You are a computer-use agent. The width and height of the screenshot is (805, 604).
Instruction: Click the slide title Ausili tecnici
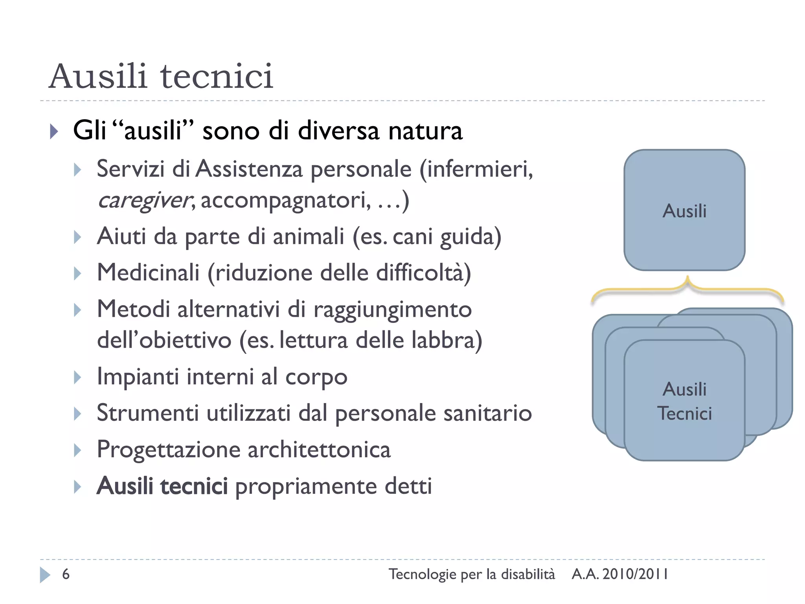pyautogui.click(x=161, y=76)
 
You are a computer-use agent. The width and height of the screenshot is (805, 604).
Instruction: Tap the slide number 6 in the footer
pyautogui.click(x=66, y=575)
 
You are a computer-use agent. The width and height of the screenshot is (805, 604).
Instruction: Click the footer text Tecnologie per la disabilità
pyautogui.click(x=472, y=575)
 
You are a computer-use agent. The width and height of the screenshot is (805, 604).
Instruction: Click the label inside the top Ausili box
pyautogui.click(x=684, y=211)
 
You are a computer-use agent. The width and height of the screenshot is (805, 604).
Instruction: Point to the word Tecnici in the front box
pyautogui.click(x=684, y=414)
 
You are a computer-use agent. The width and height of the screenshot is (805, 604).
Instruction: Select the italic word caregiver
pyautogui.click(x=144, y=201)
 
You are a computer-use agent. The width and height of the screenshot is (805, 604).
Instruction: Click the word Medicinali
pyautogui.click(x=148, y=273)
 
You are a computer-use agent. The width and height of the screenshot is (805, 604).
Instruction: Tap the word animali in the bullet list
pyautogui.click(x=309, y=237)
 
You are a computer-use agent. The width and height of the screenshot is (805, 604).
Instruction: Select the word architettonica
pyautogui.click(x=319, y=449)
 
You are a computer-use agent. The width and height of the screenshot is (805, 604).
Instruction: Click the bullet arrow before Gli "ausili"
pyautogui.click(x=54, y=131)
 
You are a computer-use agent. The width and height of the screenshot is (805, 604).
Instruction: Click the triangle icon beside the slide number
pyautogui.click(x=45, y=575)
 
